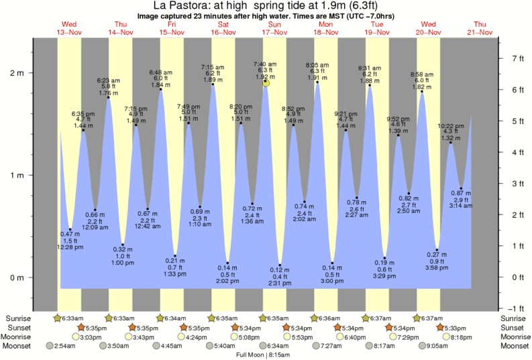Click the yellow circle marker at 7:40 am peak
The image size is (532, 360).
(x=266, y=82)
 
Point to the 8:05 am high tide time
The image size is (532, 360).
(x=317, y=65)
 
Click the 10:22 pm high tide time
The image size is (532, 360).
(x=451, y=126)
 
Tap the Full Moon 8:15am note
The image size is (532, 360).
(x=266, y=354)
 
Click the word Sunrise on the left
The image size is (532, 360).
(x=18, y=318)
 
